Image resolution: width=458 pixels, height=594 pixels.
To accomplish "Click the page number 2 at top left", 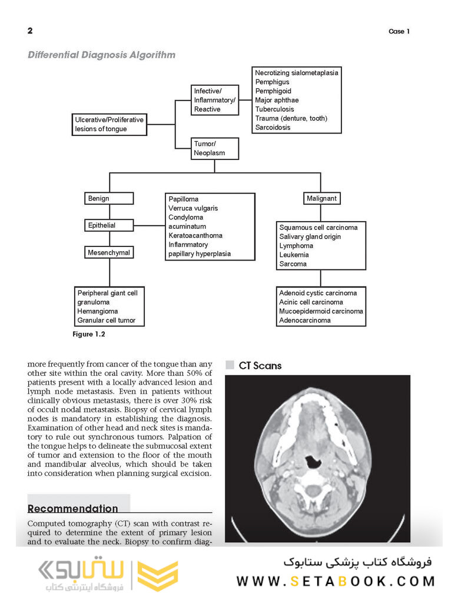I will [30, 31].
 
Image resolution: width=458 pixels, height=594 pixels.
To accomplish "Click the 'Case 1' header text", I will [399, 32].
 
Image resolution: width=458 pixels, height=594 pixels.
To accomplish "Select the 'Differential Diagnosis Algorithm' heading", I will [102, 55].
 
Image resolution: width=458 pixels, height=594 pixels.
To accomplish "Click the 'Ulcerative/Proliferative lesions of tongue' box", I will [109, 124].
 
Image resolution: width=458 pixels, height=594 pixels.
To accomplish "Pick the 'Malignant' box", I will [321, 199].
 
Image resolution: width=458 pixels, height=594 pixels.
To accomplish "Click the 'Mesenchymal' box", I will [109, 253].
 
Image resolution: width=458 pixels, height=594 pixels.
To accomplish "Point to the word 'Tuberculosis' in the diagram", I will [274, 109].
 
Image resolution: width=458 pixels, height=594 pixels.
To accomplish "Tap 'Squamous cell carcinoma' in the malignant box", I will [318, 228].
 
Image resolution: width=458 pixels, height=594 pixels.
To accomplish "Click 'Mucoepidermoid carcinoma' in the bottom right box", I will [321, 311].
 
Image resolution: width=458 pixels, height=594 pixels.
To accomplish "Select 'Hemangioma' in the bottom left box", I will [98, 311].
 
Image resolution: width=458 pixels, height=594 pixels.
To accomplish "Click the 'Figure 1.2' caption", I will [90, 335].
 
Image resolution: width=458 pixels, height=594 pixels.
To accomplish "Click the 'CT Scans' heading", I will [260, 366].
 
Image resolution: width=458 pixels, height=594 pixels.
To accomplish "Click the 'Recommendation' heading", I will [72, 509].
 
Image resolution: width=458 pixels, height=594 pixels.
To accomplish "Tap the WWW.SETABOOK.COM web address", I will [335, 582].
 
